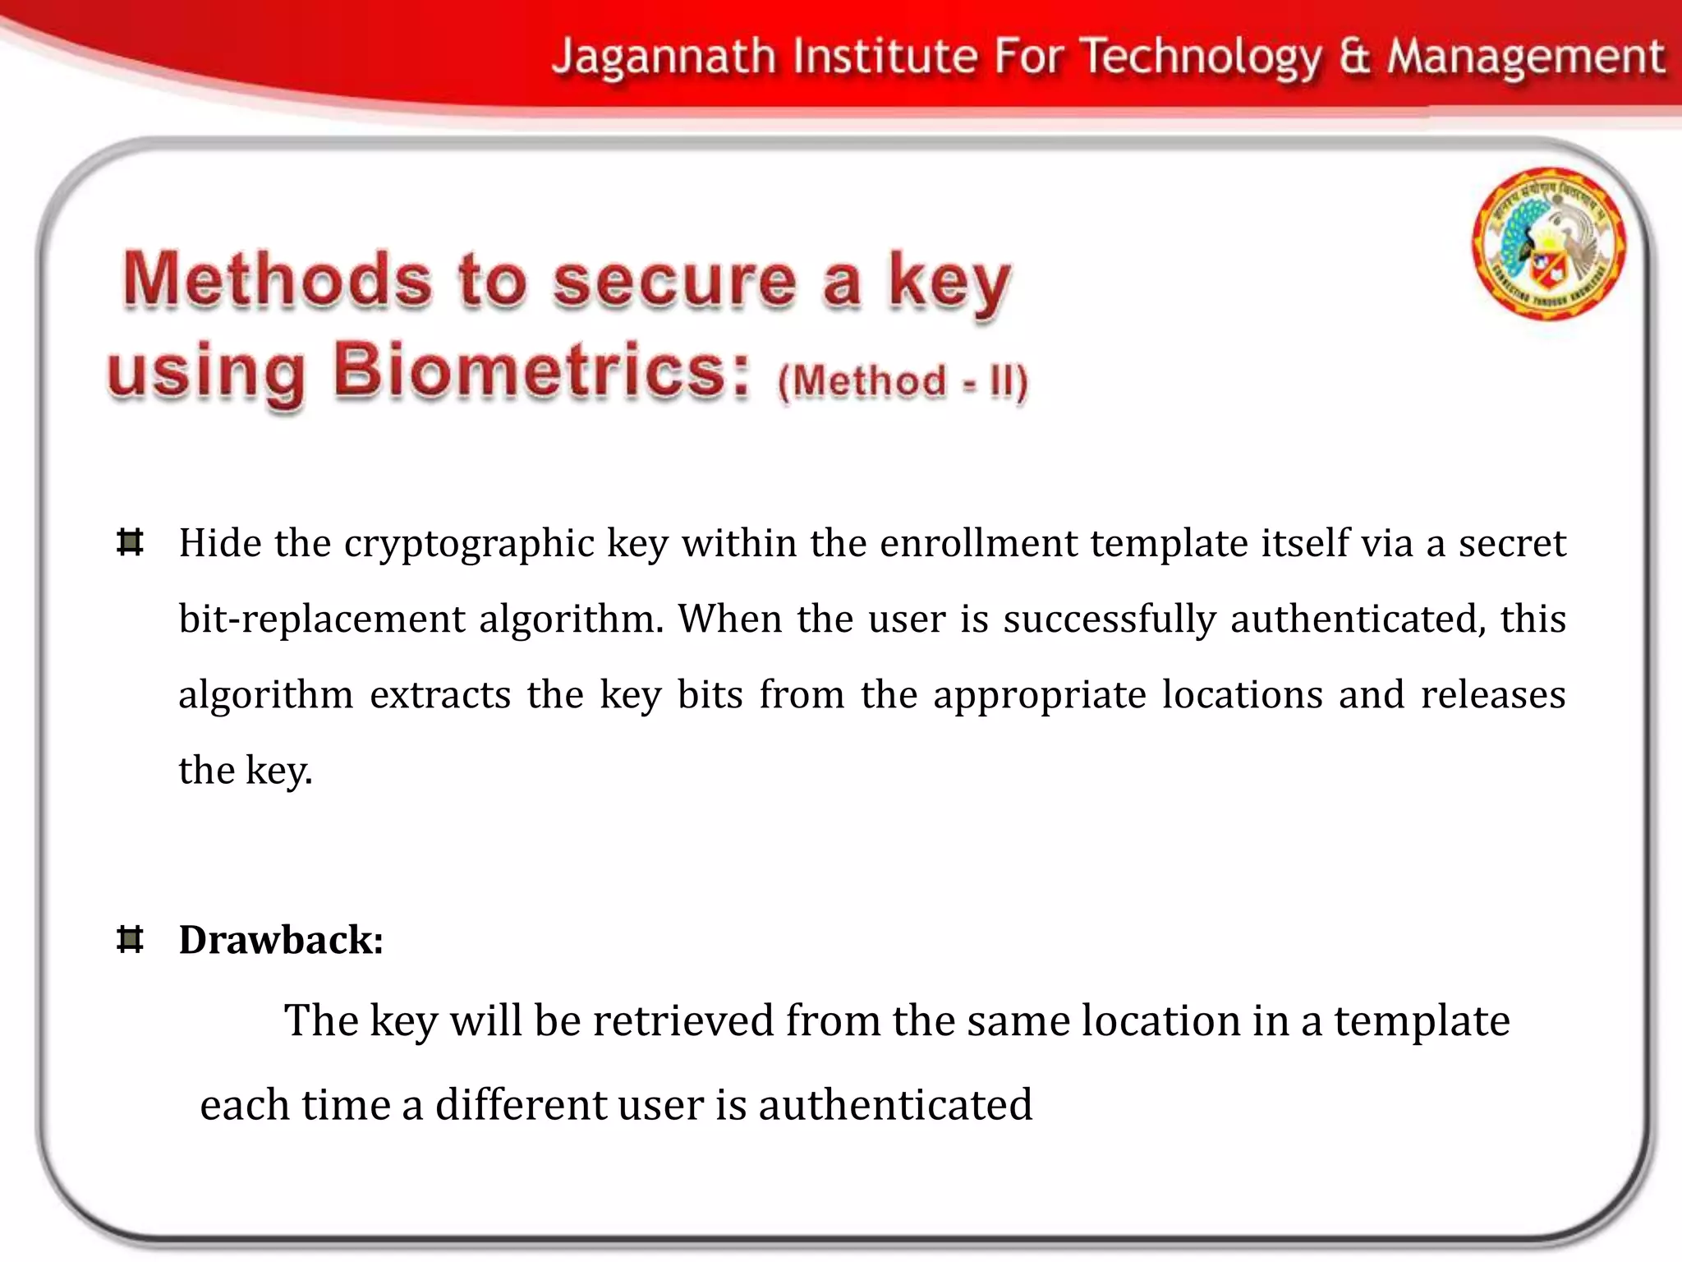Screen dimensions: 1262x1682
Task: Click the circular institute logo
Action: click(1548, 243)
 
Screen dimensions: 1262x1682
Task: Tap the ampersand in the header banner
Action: click(1355, 58)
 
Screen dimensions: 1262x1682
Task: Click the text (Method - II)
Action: click(902, 382)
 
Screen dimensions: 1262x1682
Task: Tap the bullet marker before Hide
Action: click(130, 543)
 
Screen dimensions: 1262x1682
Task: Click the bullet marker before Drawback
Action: click(130, 939)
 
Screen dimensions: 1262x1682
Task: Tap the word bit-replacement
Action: click(321, 619)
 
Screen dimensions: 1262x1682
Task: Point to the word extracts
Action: click(440, 695)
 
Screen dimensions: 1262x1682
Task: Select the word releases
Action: click(1492, 695)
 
